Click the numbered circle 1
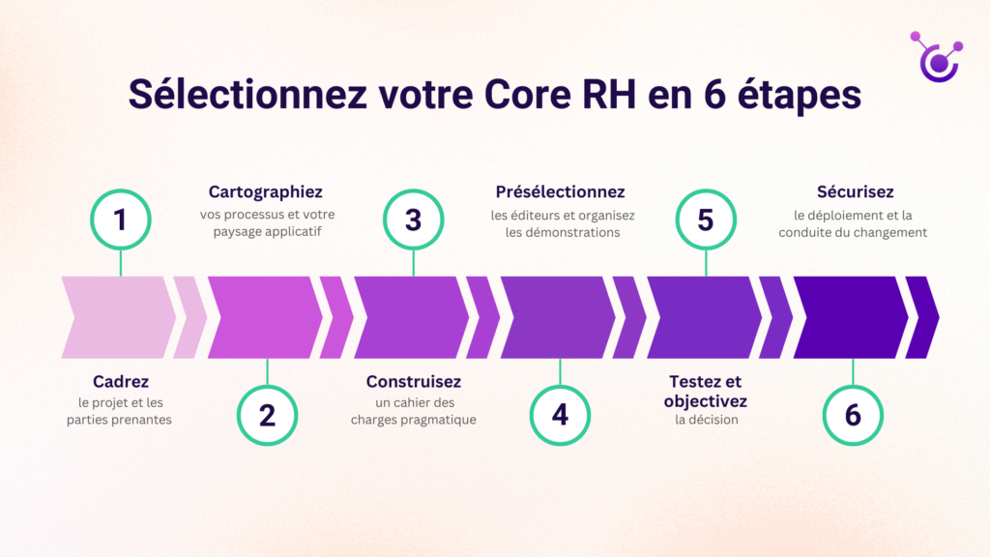coord(120,220)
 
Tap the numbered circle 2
coord(267,415)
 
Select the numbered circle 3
coord(413,220)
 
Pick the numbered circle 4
coord(560,415)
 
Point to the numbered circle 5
coord(706,220)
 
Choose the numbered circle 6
coord(853,415)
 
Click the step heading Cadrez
coord(120,381)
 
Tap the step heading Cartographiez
coord(266,191)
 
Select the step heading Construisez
coord(413,381)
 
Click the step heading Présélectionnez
coord(560,191)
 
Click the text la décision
coord(707,420)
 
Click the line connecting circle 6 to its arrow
coord(853,371)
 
